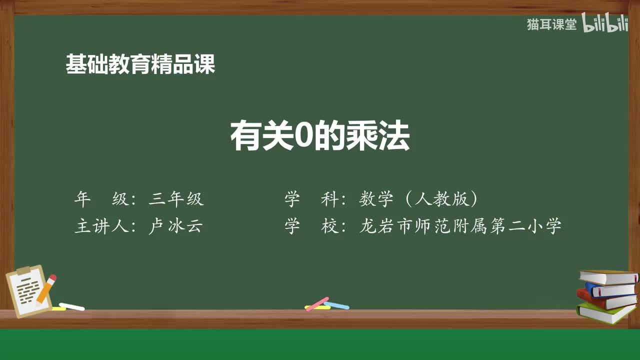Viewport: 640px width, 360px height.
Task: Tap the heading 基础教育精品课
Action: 140,64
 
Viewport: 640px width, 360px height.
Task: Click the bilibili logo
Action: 604,23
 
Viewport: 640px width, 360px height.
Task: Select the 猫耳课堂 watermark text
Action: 551,24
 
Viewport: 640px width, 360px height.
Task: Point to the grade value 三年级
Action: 176,199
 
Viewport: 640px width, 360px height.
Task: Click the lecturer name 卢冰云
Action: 175,226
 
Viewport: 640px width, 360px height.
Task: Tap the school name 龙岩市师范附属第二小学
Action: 460,226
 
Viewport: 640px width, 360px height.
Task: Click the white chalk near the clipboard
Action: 71,306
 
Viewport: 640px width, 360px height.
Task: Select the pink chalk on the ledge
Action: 317,303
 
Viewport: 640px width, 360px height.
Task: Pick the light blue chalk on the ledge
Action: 336,305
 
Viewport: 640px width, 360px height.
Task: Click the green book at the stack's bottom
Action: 605,312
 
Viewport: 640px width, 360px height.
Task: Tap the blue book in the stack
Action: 610,289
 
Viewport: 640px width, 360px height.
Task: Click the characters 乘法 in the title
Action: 377,136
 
